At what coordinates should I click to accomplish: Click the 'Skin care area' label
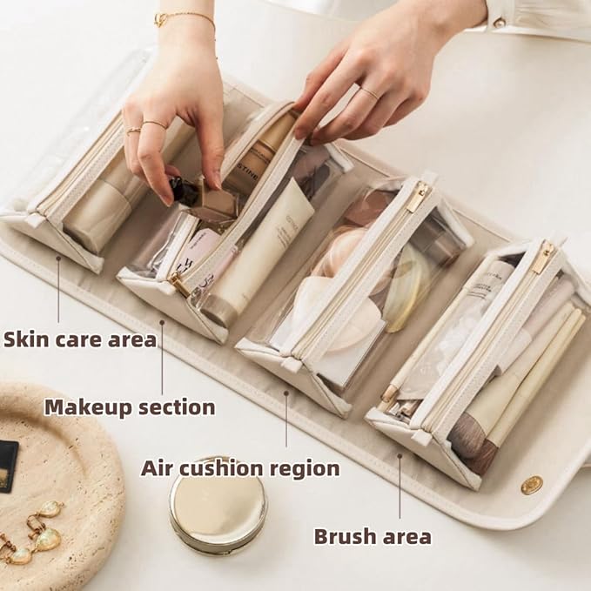[x=79, y=339]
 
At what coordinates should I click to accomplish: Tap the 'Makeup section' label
[x=129, y=406]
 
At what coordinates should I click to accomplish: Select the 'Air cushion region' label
[x=240, y=468]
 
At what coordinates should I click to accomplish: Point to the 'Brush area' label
[x=373, y=536]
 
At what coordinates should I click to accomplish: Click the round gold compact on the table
[x=218, y=506]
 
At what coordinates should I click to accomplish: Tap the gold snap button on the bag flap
[x=532, y=485]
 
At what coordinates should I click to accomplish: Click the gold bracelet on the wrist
[x=184, y=17]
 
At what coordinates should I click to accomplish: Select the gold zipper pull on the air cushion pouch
[x=418, y=197]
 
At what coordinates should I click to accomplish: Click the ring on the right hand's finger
[x=369, y=93]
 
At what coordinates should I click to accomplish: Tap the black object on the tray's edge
[x=8, y=467]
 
